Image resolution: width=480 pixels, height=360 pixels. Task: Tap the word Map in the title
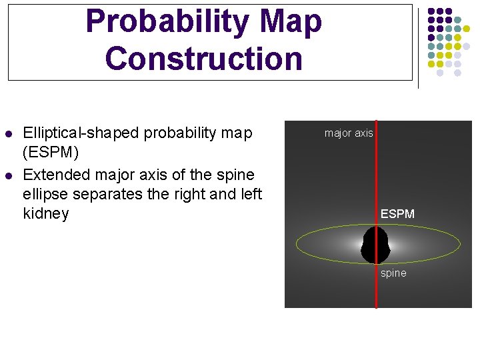tap(291, 21)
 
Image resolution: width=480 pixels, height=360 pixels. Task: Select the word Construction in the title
tap(203, 58)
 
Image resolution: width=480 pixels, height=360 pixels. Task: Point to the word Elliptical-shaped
tap(81, 133)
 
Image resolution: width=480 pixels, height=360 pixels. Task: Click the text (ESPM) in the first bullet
tap(51, 153)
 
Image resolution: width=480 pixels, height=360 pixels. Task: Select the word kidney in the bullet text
tap(46, 214)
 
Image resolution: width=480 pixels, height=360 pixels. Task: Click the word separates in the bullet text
tap(103, 194)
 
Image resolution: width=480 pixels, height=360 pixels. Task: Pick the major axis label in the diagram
tap(349, 133)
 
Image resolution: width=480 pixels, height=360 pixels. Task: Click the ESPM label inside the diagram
tap(397, 214)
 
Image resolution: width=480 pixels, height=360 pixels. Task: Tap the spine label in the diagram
tap(393, 273)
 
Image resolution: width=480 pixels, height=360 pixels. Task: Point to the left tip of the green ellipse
tap(296, 245)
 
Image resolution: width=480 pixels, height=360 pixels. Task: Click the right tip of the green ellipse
tap(460, 245)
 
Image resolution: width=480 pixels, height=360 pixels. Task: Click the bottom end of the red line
tap(376, 307)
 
